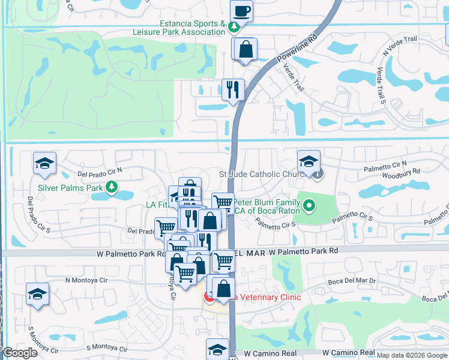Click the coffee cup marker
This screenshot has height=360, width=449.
click(x=241, y=11)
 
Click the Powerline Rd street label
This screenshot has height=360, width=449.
click(x=296, y=49)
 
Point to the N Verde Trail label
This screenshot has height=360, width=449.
click(x=400, y=47)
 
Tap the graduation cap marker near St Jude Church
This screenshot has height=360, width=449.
click(x=309, y=161)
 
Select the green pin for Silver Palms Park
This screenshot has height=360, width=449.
click(x=111, y=187)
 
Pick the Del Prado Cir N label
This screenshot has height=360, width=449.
click(x=100, y=171)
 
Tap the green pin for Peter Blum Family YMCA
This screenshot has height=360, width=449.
click(x=309, y=206)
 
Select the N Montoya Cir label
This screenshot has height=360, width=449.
click(x=86, y=280)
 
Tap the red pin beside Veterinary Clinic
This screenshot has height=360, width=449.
click(x=210, y=296)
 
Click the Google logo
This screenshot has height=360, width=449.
click(x=19, y=353)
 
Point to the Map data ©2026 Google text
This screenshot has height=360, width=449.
click(x=412, y=355)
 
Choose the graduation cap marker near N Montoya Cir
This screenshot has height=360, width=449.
click(x=37, y=294)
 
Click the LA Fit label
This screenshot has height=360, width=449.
click(x=158, y=205)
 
